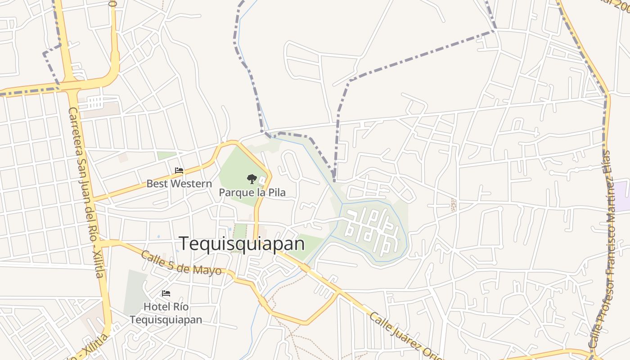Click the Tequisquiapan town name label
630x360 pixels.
[x=242, y=244]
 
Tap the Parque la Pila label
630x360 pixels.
[x=252, y=193]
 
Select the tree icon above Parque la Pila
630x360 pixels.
[x=252, y=179]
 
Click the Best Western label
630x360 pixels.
[x=179, y=184]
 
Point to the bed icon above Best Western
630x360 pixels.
[x=179, y=171]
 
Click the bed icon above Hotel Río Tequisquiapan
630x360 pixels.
[x=166, y=293]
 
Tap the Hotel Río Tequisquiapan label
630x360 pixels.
[x=166, y=313]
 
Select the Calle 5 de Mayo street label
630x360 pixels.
[x=181, y=263]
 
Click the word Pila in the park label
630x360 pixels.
[x=276, y=193]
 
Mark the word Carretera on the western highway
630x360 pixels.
[x=74, y=130]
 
